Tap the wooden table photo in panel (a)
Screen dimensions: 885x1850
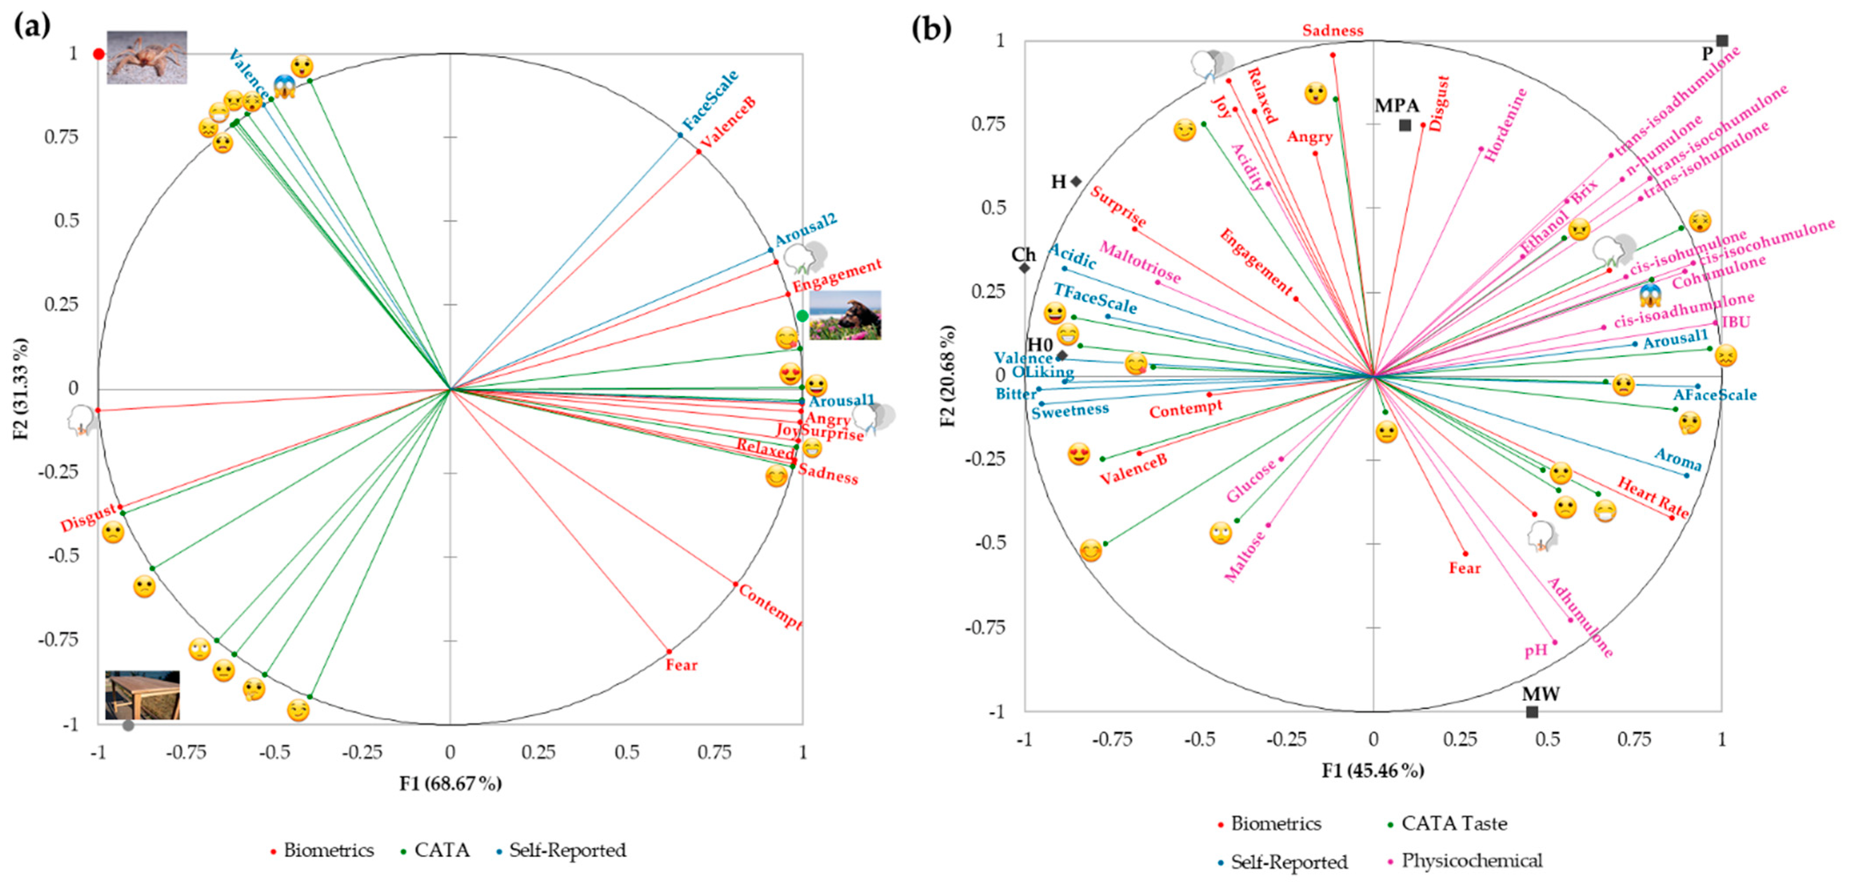pos(142,695)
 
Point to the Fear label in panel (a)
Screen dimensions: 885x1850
pos(681,665)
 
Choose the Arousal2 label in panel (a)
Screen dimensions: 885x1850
pos(806,230)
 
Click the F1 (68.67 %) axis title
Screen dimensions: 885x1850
pos(450,783)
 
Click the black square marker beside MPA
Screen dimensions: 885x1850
pos(1405,126)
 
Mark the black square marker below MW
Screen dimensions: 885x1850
pos(1532,712)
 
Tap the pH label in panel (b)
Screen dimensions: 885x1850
pos(1535,651)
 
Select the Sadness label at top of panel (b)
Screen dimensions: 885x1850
pos(1333,31)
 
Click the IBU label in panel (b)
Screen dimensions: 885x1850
pos(1736,322)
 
